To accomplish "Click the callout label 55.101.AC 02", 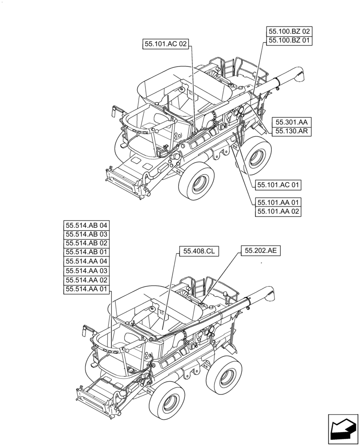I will click(166, 44).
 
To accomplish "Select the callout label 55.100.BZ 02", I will click(289, 32).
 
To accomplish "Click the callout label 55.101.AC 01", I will click(278, 184).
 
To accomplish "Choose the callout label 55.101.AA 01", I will click(278, 202).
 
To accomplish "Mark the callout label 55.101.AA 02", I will click(278, 211).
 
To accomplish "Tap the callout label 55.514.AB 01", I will click(86, 252).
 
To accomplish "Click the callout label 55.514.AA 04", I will click(86, 262).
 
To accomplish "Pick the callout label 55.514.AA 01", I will click(86, 289).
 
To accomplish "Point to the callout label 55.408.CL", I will click(199, 252).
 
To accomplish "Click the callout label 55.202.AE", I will click(261, 251).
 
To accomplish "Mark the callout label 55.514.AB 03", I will click(86, 234).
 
